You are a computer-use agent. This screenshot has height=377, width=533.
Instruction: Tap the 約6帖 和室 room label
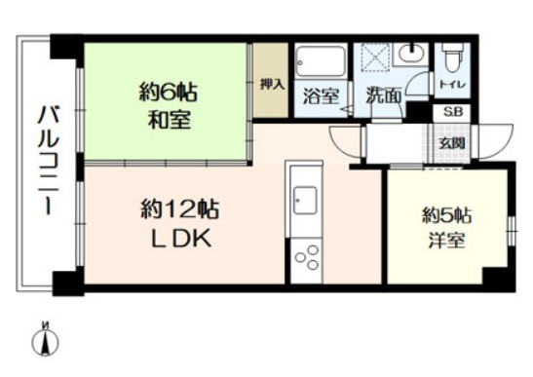click(169, 107)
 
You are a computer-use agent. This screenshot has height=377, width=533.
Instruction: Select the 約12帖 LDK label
click(179, 223)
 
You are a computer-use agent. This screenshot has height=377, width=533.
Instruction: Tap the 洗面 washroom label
click(383, 96)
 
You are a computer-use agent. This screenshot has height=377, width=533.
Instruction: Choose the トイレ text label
click(452, 85)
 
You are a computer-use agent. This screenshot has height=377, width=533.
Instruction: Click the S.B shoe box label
click(453, 113)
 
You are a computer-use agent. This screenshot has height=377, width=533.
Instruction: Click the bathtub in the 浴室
click(320, 62)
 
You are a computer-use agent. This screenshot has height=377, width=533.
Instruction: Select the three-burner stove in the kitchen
click(306, 254)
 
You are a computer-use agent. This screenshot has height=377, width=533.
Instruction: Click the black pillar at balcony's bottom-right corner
click(64, 283)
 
